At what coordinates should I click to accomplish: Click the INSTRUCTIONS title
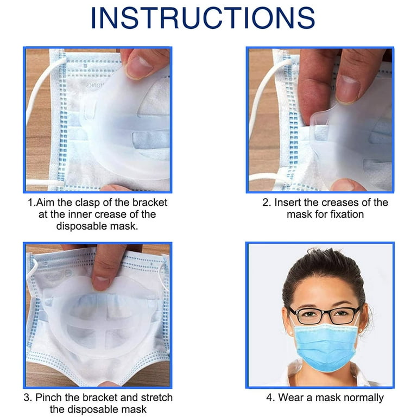(203, 18)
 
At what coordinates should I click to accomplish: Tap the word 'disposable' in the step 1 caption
(81, 226)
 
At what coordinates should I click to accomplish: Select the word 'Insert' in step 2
(288, 203)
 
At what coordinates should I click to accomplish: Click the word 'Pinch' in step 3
(49, 397)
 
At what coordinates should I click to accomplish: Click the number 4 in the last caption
(269, 398)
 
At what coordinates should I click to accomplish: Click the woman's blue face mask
(326, 346)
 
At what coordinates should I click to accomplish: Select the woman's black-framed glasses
(325, 315)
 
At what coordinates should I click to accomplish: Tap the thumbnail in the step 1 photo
(139, 67)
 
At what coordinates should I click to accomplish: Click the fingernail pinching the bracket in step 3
(101, 283)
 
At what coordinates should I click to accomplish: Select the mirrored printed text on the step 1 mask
(94, 86)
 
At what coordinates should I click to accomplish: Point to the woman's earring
(361, 330)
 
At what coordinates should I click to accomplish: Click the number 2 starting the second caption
(266, 203)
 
